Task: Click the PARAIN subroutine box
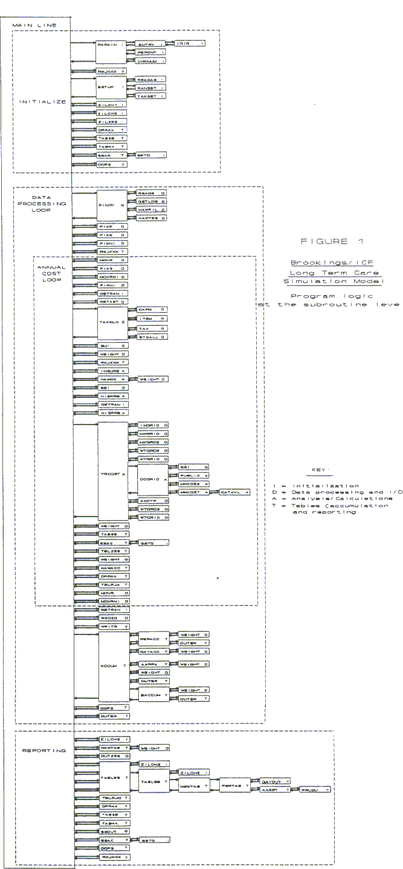pos(112,52)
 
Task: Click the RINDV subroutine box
pos(112,206)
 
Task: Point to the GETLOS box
pos(151,201)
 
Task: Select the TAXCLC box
pos(112,323)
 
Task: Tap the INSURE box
pos(112,371)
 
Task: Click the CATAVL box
pos(234,493)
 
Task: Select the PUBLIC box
pos(195,476)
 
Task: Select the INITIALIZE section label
pos(42,102)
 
